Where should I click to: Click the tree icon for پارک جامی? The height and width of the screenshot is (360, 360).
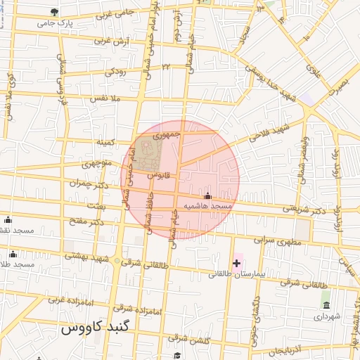point(55,12)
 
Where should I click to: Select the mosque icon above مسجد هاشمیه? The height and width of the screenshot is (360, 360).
point(207,196)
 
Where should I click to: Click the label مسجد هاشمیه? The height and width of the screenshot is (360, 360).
point(207,207)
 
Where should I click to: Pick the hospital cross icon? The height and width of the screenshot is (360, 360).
point(237,263)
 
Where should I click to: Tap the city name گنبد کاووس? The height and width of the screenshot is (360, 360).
point(91,328)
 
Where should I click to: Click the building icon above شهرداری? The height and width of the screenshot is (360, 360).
point(326,304)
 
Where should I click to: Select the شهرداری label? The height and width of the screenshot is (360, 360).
point(326,317)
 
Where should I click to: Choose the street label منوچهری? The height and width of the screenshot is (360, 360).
point(97,164)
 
